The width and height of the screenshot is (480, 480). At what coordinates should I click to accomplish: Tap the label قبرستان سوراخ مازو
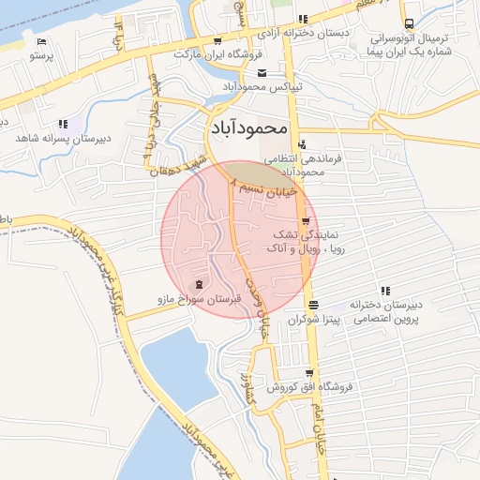tap(198, 300)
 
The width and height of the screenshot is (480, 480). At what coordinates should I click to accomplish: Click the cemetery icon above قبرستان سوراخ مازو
tap(198, 284)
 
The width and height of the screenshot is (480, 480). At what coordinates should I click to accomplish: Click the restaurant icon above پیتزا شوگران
tap(312, 305)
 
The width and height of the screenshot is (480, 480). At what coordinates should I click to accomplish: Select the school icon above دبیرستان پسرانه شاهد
tap(63, 123)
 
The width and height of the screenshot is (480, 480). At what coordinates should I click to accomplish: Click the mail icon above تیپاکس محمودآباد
tap(262, 72)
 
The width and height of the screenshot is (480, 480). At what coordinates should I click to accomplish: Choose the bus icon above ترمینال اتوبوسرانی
tap(408, 24)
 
